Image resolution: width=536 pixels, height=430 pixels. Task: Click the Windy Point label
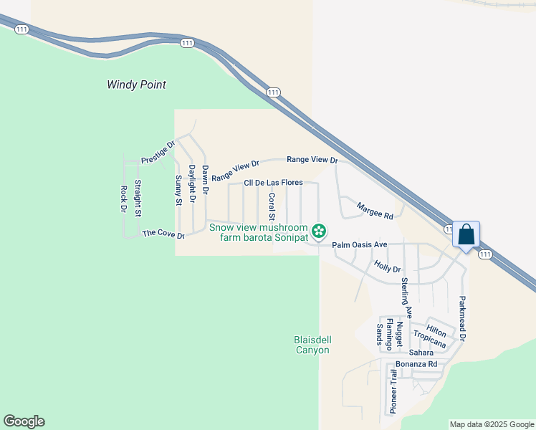pyautogui.click(x=136, y=85)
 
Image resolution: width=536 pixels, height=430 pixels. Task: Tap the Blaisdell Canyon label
pyautogui.click(x=312, y=345)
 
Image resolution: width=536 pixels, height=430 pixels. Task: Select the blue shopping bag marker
pyautogui.click(x=466, y=234)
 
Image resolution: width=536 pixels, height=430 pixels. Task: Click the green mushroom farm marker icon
pyautogui.click(x=320, y=231)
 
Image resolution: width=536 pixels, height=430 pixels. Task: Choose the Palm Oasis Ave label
pyautogui.click(x=359, y=245)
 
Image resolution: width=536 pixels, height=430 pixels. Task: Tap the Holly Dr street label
pyautogui.click(x=387, y=267)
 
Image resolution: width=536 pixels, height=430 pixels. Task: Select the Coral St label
pyautogui.click(x=272, y=206)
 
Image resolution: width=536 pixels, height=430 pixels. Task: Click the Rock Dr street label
pyautogui.click(x=123, y=199)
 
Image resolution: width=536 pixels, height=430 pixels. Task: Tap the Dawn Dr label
pyautogui.click(x=205, y=180)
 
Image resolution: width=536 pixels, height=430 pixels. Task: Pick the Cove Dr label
pyautogui.click(x=163, y=234)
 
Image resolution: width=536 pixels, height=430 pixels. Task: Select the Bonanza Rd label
pyautogui.click(x=416, y=364)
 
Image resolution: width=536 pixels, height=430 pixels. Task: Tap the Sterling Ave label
pyautogui.click(x=406, y=297)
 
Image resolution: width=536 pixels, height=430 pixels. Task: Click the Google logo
pyautogui.click(x=24, y=421)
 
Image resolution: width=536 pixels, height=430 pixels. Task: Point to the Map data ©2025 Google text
pyautogui.click(x=491, y=424)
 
